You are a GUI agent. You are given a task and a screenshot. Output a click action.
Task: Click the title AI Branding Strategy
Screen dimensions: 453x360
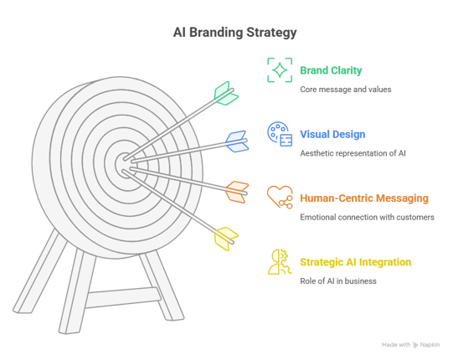click(x=235, y=33)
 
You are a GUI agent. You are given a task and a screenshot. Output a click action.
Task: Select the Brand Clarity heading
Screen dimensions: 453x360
click(x=331, y=70)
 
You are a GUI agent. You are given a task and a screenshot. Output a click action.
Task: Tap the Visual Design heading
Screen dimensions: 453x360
click(x=332, y=134)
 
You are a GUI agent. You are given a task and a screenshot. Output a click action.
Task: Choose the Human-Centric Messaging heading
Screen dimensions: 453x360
click(x=364, y=198)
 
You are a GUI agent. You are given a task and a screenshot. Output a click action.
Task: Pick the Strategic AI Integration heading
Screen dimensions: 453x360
click(x=356, y=262)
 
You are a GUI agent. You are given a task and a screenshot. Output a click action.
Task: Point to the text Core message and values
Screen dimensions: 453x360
click(x=346, y=90)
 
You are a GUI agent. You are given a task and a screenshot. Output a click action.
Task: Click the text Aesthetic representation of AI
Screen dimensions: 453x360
click(x=353, y=153)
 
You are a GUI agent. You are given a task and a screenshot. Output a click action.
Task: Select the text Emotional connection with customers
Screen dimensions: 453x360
click(x=367, y=217)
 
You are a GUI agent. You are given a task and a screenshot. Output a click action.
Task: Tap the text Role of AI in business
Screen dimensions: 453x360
click(x=338, y=280)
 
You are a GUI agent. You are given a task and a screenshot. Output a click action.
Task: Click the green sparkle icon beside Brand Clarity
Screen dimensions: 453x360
click(x=280, y=70)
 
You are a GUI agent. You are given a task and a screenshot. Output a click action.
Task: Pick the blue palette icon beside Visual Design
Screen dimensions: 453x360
click(x=280, y=134)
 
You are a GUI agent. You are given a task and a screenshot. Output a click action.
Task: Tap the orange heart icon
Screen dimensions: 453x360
click(x=280, y=197)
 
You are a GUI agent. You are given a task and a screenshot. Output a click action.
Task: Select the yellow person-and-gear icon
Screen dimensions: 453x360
click(x=280, y=262)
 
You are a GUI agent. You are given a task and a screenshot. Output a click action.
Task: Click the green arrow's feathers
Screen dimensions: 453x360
click(x=226, y=93)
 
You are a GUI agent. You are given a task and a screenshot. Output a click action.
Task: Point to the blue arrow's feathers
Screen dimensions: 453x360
click(x=237, y=141)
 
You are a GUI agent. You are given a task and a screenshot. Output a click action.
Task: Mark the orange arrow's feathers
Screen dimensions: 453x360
click(x=237, y=192)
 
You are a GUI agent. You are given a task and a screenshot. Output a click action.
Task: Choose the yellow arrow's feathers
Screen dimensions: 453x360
click(x=226, y=239)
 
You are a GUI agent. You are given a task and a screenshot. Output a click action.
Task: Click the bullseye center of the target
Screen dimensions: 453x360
click(x=126, y=165)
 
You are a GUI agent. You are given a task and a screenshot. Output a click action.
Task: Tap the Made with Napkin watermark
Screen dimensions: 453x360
click(x=410, y=345)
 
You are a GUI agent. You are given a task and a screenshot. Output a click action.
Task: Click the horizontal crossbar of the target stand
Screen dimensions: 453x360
click(x=123, y=297)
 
